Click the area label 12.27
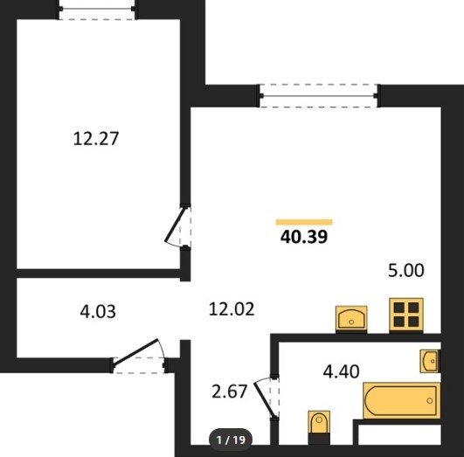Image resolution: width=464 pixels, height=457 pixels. (x=96, y=139)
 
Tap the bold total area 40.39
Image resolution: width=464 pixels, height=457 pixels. (x=304, y=237)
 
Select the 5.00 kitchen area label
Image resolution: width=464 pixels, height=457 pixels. (x=406, y=270)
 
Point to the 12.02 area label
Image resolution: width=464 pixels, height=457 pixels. (x=232, y=309)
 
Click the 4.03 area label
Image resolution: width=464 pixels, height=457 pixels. (x=98, y=312)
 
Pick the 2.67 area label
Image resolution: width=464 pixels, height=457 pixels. (x=229, y=391)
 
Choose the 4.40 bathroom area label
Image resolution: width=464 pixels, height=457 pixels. (x=341, y=371)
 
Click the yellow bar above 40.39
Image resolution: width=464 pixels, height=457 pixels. (x=304, y=222)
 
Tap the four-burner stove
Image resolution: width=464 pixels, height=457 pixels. (x=406, y=315)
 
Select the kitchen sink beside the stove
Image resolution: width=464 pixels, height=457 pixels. (x=351, y=319)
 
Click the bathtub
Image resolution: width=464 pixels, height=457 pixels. (x=402, y=401)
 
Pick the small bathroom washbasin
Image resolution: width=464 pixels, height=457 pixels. (x=430, y=361)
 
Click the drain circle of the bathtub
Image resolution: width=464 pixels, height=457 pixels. (x=430, y=401)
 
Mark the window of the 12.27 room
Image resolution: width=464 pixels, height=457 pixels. (x=97, y=9)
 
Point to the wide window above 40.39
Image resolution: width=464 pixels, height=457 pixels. (x=318, y=96)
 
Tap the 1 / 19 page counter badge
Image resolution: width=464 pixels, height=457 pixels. (x=231, y=440)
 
